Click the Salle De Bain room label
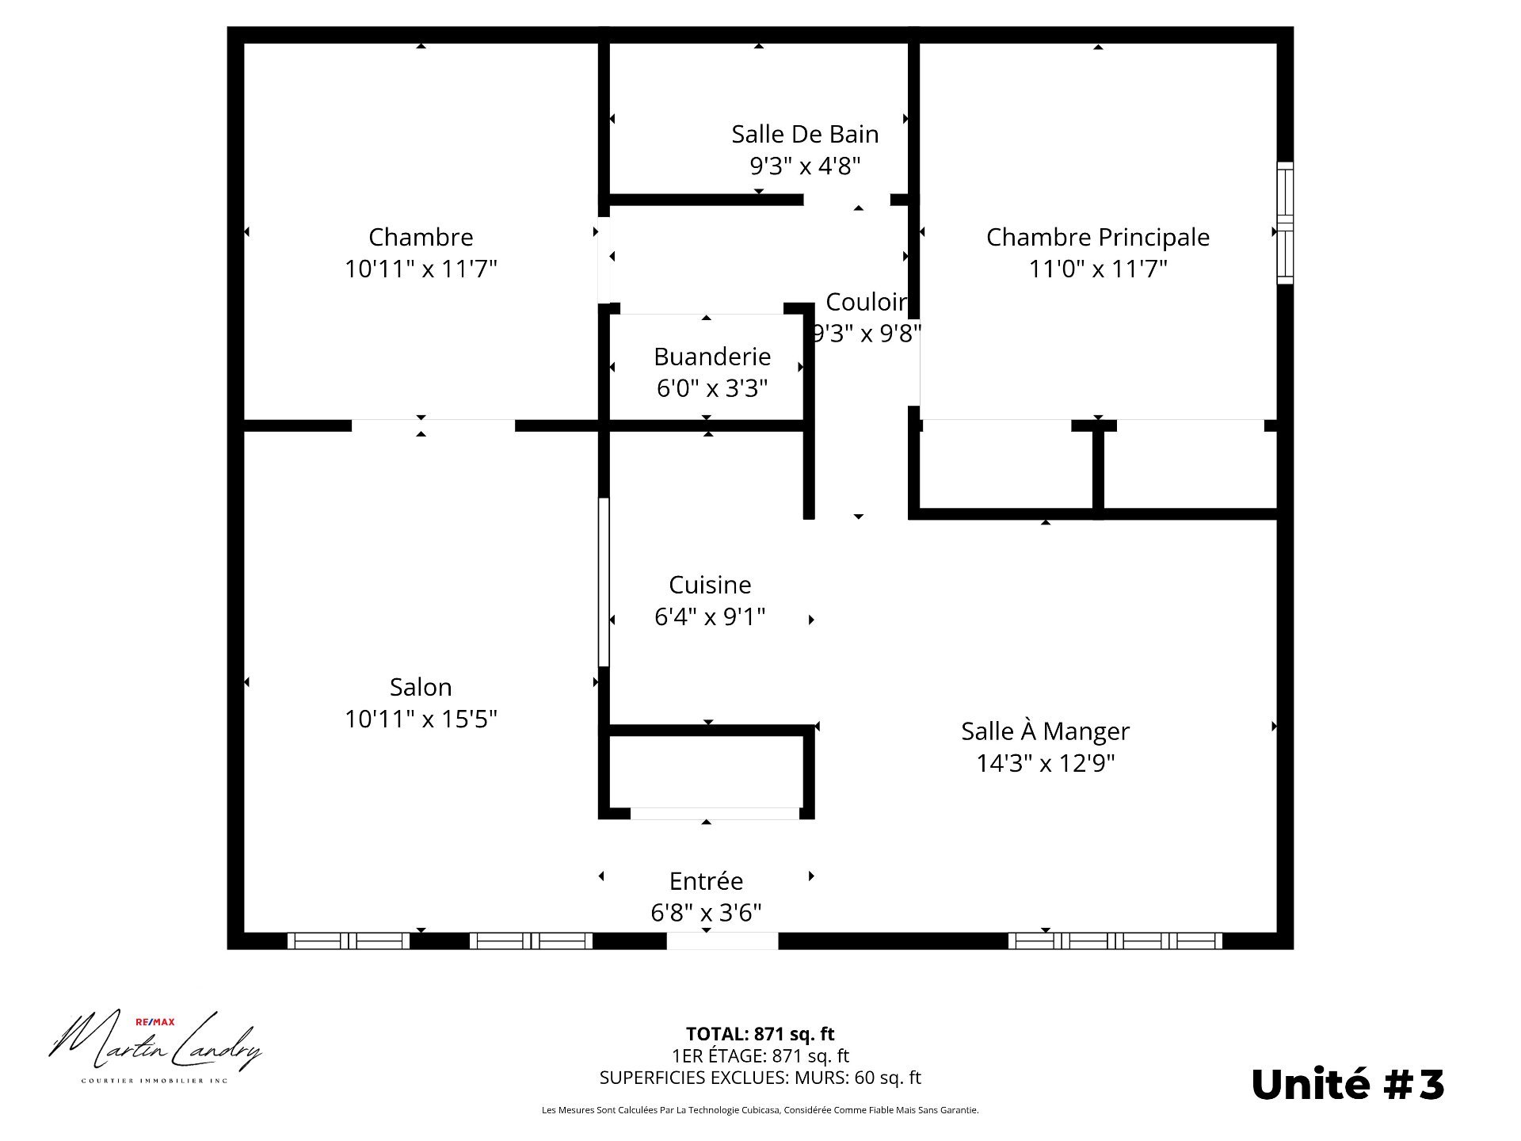tap(805, 134)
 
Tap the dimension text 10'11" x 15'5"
tap(421, 719)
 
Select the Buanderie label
tap(711, 357)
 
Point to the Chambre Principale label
tap(1097, 237)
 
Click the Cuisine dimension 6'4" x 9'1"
tap(709, 616)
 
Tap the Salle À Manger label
tap(1045, 731)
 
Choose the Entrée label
tap(706, 881)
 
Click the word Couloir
tap(865, 302)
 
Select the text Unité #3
tap(1348, 1084)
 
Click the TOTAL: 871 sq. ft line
tap(760, 1034)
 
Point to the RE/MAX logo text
tap(155, 1022)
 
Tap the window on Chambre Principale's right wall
tap(1285, 223)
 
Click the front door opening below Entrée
tap(722, 941)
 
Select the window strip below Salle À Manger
tap(1115, 941)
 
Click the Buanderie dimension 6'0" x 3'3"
tap(711, 388)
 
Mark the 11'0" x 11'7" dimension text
tap(1097, 269)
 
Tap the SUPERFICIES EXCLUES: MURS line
tap(760, 1078)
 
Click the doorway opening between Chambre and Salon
tap(433, 425)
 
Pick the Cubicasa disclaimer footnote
tap(760, 1110)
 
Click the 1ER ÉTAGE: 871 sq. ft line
tap(760, 1055)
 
